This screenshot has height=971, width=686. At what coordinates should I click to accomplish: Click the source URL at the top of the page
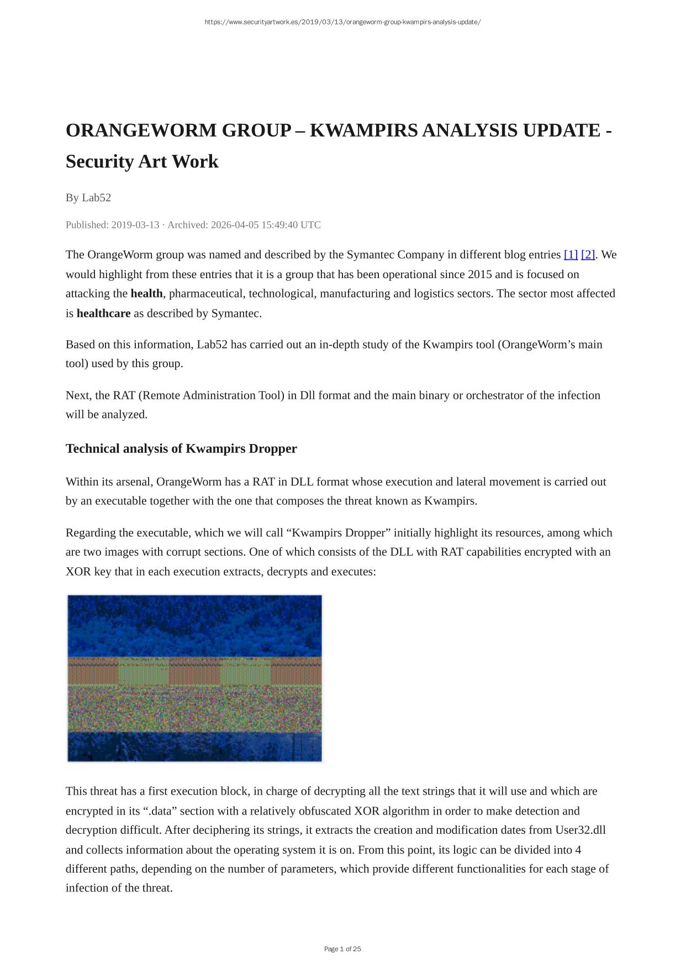pos(342,22)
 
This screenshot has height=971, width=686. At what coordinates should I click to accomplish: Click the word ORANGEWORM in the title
pos(141,130)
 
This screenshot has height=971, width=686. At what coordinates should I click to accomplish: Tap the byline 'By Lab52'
pos(88,197)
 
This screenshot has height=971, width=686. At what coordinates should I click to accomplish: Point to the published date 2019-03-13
pos(135,225)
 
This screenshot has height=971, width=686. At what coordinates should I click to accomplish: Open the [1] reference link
pos(571,255)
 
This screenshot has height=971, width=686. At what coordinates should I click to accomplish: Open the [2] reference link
pos(588,255)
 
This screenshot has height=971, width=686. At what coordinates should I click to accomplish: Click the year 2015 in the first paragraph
pos(479,274)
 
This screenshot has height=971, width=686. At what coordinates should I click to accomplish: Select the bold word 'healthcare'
pos(103,314)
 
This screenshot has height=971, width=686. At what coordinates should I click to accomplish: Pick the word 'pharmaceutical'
pos(205,294)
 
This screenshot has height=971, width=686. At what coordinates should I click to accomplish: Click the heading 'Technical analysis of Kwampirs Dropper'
pos(181,448)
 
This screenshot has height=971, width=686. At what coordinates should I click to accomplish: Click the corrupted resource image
pos(194,678)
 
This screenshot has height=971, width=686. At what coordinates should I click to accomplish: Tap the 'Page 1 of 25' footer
pos(342,949)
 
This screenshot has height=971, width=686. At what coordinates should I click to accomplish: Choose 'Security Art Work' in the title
pos(142,161)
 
